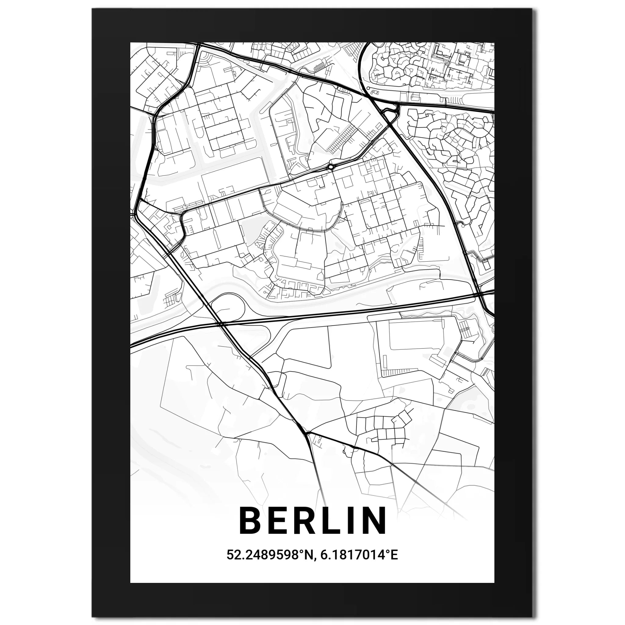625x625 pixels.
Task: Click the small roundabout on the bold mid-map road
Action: click(331, 167)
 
